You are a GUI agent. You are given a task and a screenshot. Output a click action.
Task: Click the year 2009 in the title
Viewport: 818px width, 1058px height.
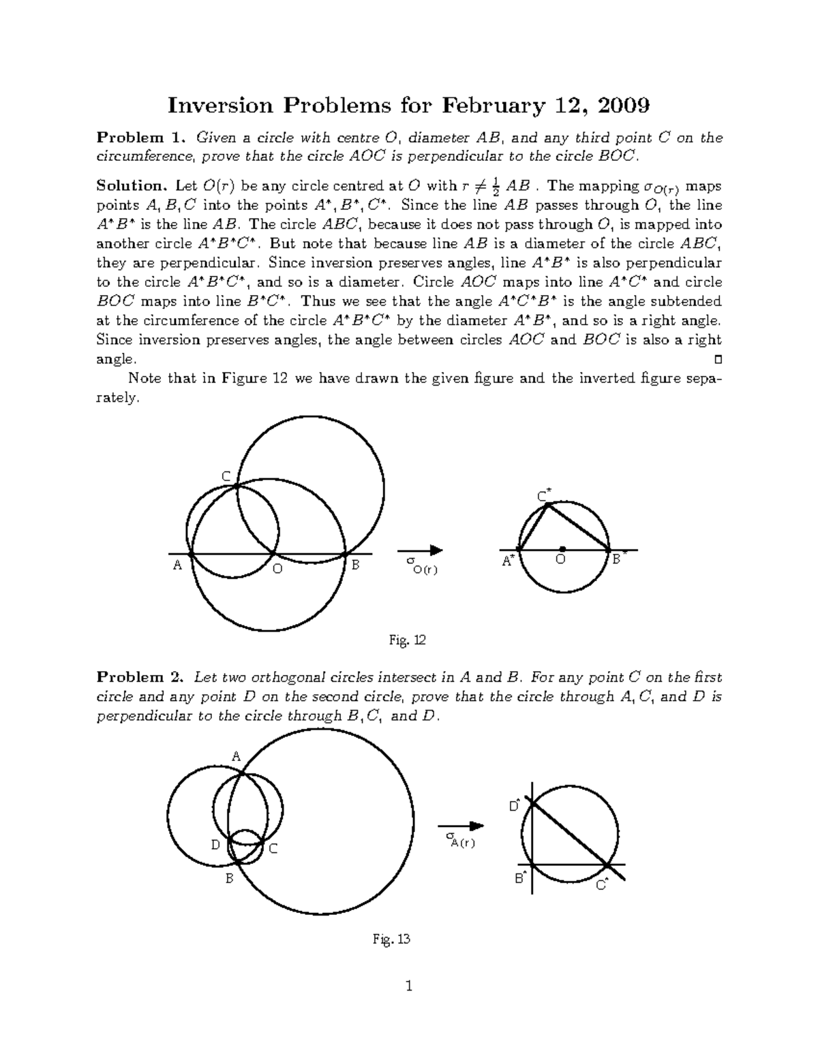pyautogui.click(x=623, y=106)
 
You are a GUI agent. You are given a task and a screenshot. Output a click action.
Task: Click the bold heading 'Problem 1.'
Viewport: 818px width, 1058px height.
pyautogui.click(x=140, y=138)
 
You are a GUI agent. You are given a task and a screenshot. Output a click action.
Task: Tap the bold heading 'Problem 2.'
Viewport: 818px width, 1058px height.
pyautogui.click(x=140, y=677)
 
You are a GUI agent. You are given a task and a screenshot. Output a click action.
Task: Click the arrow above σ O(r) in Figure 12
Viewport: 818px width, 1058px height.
pyautogui.click(x=421, y=550)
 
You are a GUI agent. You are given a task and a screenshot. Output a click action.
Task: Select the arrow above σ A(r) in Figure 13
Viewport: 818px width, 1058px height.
pyautogui.click(x=461, y=826)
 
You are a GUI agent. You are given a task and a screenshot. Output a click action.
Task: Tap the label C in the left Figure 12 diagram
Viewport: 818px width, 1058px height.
pyautogui.click(x=226, y=476)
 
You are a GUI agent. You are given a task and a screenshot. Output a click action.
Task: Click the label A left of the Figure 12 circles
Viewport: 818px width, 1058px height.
pyautogui.click(x=177, y=565)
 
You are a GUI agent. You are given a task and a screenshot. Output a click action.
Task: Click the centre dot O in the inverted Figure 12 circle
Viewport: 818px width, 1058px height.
pyautogui.click(x=562, y=548)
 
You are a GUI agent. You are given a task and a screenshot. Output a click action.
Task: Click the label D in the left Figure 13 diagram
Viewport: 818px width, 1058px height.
pyautogui.click(x=215, y=845)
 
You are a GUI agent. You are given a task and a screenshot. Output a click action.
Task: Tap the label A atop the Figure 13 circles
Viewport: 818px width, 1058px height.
pyautogui.click(x=236, y=756)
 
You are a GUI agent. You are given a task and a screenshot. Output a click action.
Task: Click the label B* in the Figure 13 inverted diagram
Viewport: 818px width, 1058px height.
pyautogui.click(x=520, y=878)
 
